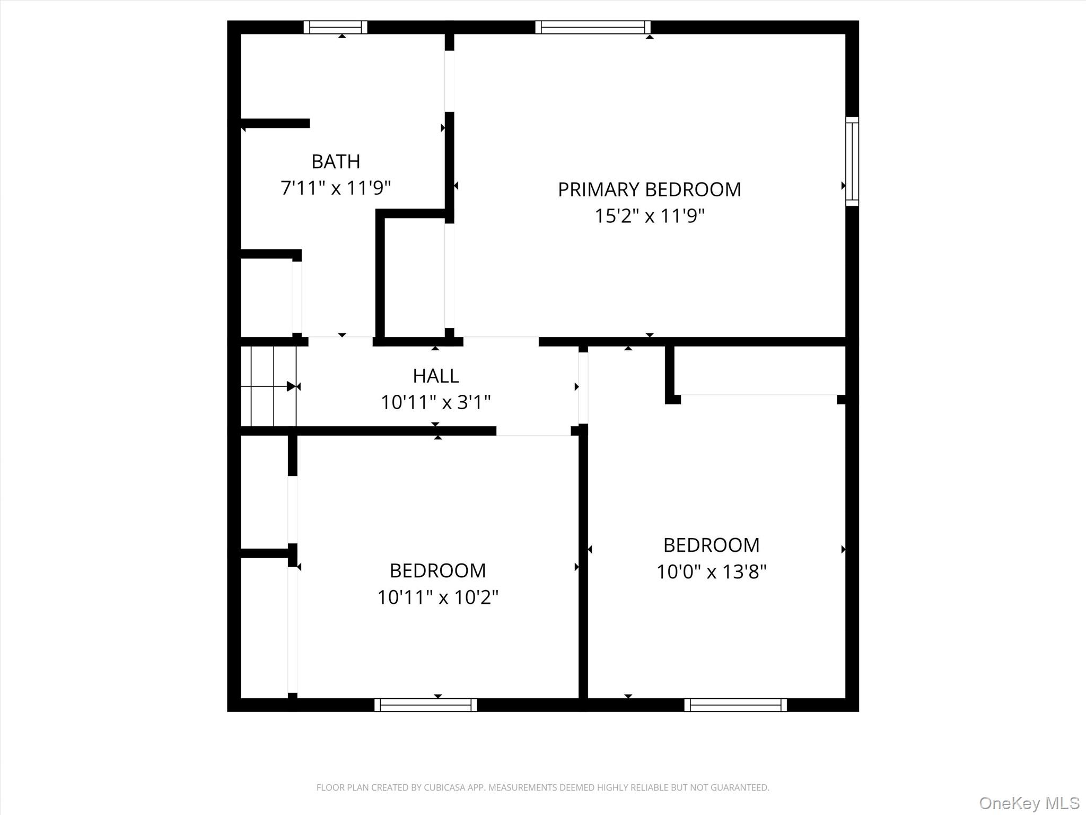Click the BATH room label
tap(336, 161)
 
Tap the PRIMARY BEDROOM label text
tap(649, 189)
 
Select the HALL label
tap(436, 376)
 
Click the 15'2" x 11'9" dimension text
tap(649, 216)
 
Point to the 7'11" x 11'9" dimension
tap(336, 188)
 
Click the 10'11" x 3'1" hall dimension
tap(436, 402)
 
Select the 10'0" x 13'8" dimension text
tap(712, 571)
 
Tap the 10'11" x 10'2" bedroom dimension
tap(437, 597)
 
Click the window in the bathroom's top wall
tap(335, 27)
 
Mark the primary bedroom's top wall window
tap(593, 27)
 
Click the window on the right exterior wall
tap(852, 161)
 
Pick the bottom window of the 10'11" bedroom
tap(425, 705)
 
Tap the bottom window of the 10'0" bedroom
tap(735, 705)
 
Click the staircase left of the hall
tap(268, 386)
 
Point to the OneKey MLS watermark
tap(1029, 803)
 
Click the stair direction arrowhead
tap(291, 386)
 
